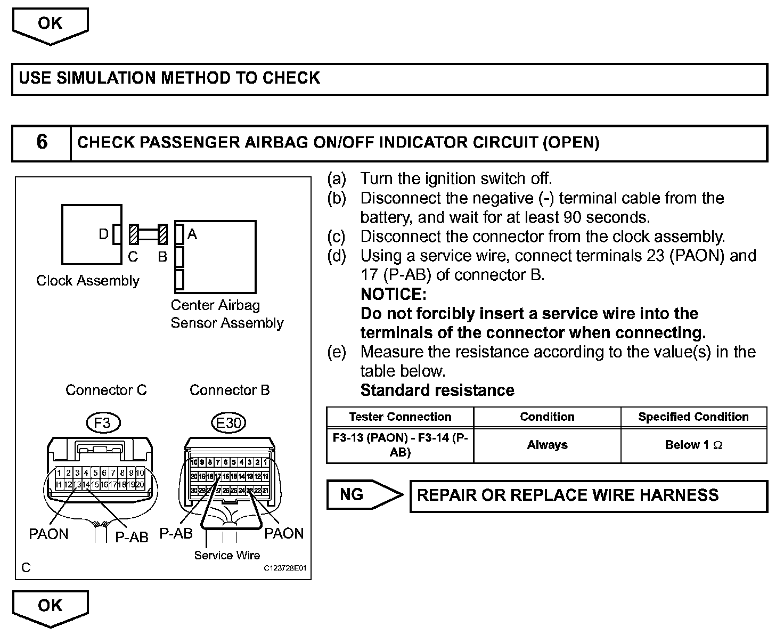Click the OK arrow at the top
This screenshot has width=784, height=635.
tap(50, 25)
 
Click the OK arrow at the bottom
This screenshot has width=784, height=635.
tap(50, 607)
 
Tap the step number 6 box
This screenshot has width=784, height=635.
tap(42, 143)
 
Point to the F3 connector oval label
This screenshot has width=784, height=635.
tap(102, 423)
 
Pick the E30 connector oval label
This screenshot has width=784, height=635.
tap(229, 423)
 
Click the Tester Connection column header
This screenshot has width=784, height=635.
tap(400, 417)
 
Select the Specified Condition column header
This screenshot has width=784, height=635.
tap(693, 417)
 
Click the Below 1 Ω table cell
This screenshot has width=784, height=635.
tap(693, 445)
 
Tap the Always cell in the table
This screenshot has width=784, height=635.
tap(547, 445)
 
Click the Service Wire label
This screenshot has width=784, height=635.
tap(227, 556)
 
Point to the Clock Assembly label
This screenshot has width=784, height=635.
tap(88, 281)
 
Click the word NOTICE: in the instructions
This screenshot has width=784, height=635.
tap(394, 294)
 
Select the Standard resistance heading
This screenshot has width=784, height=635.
tap(437, 390)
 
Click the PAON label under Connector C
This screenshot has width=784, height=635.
tap(48, 534)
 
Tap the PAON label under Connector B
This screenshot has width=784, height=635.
tap(284, 534)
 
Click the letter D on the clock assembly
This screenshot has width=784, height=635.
tap(104, 234)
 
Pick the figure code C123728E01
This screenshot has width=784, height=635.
tap(285, 568)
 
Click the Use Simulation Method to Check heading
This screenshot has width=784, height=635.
tap(169, 78)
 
